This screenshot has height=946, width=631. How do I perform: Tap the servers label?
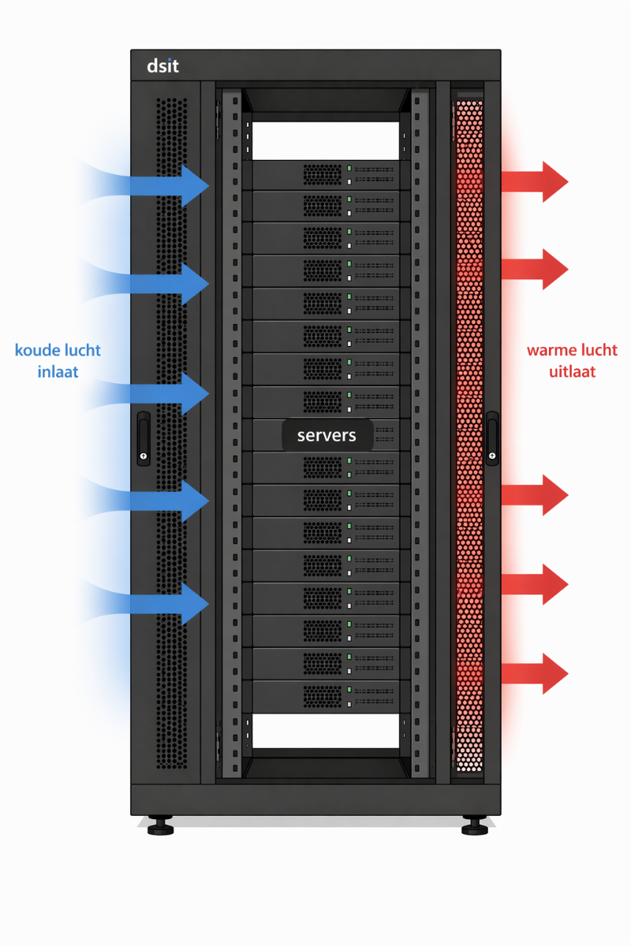coord(327,435)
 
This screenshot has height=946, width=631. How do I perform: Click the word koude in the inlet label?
coord(35,350)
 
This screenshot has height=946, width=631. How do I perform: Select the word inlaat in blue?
coord(58,371)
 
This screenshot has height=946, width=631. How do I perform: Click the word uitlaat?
coord(573,371)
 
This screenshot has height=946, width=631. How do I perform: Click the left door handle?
coord(143,438)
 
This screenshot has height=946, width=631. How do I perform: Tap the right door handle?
coord(492,438)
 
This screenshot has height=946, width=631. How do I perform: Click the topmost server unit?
coord(327,175)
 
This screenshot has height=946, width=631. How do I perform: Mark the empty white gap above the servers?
coord(327,140)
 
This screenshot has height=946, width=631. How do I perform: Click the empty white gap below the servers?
coord(327,730)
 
